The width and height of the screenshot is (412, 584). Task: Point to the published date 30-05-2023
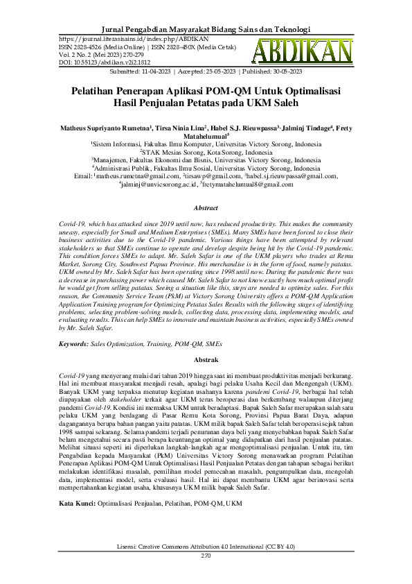click(283, 71)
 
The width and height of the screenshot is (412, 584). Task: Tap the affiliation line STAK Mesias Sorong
click(206, 152)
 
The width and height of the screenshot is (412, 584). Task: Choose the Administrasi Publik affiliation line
click(206, 168)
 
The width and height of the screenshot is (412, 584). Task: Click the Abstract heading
click(206, 207)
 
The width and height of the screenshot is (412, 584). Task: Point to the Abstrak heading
click(206, 361)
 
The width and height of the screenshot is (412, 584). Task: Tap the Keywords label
click(73, 343)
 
